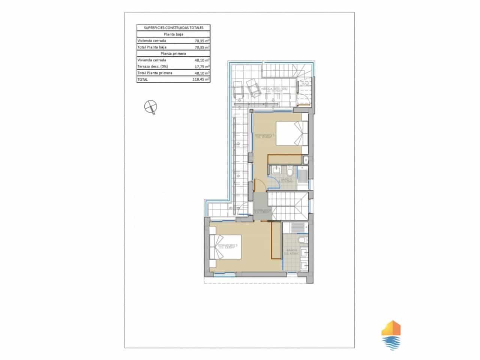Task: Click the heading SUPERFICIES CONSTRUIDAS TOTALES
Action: click(173, 28)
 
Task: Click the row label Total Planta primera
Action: click(155, 73)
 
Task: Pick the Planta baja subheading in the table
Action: click(173, 34)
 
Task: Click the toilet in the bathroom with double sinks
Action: click(302, 240)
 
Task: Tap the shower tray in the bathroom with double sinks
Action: click(295, 228)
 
